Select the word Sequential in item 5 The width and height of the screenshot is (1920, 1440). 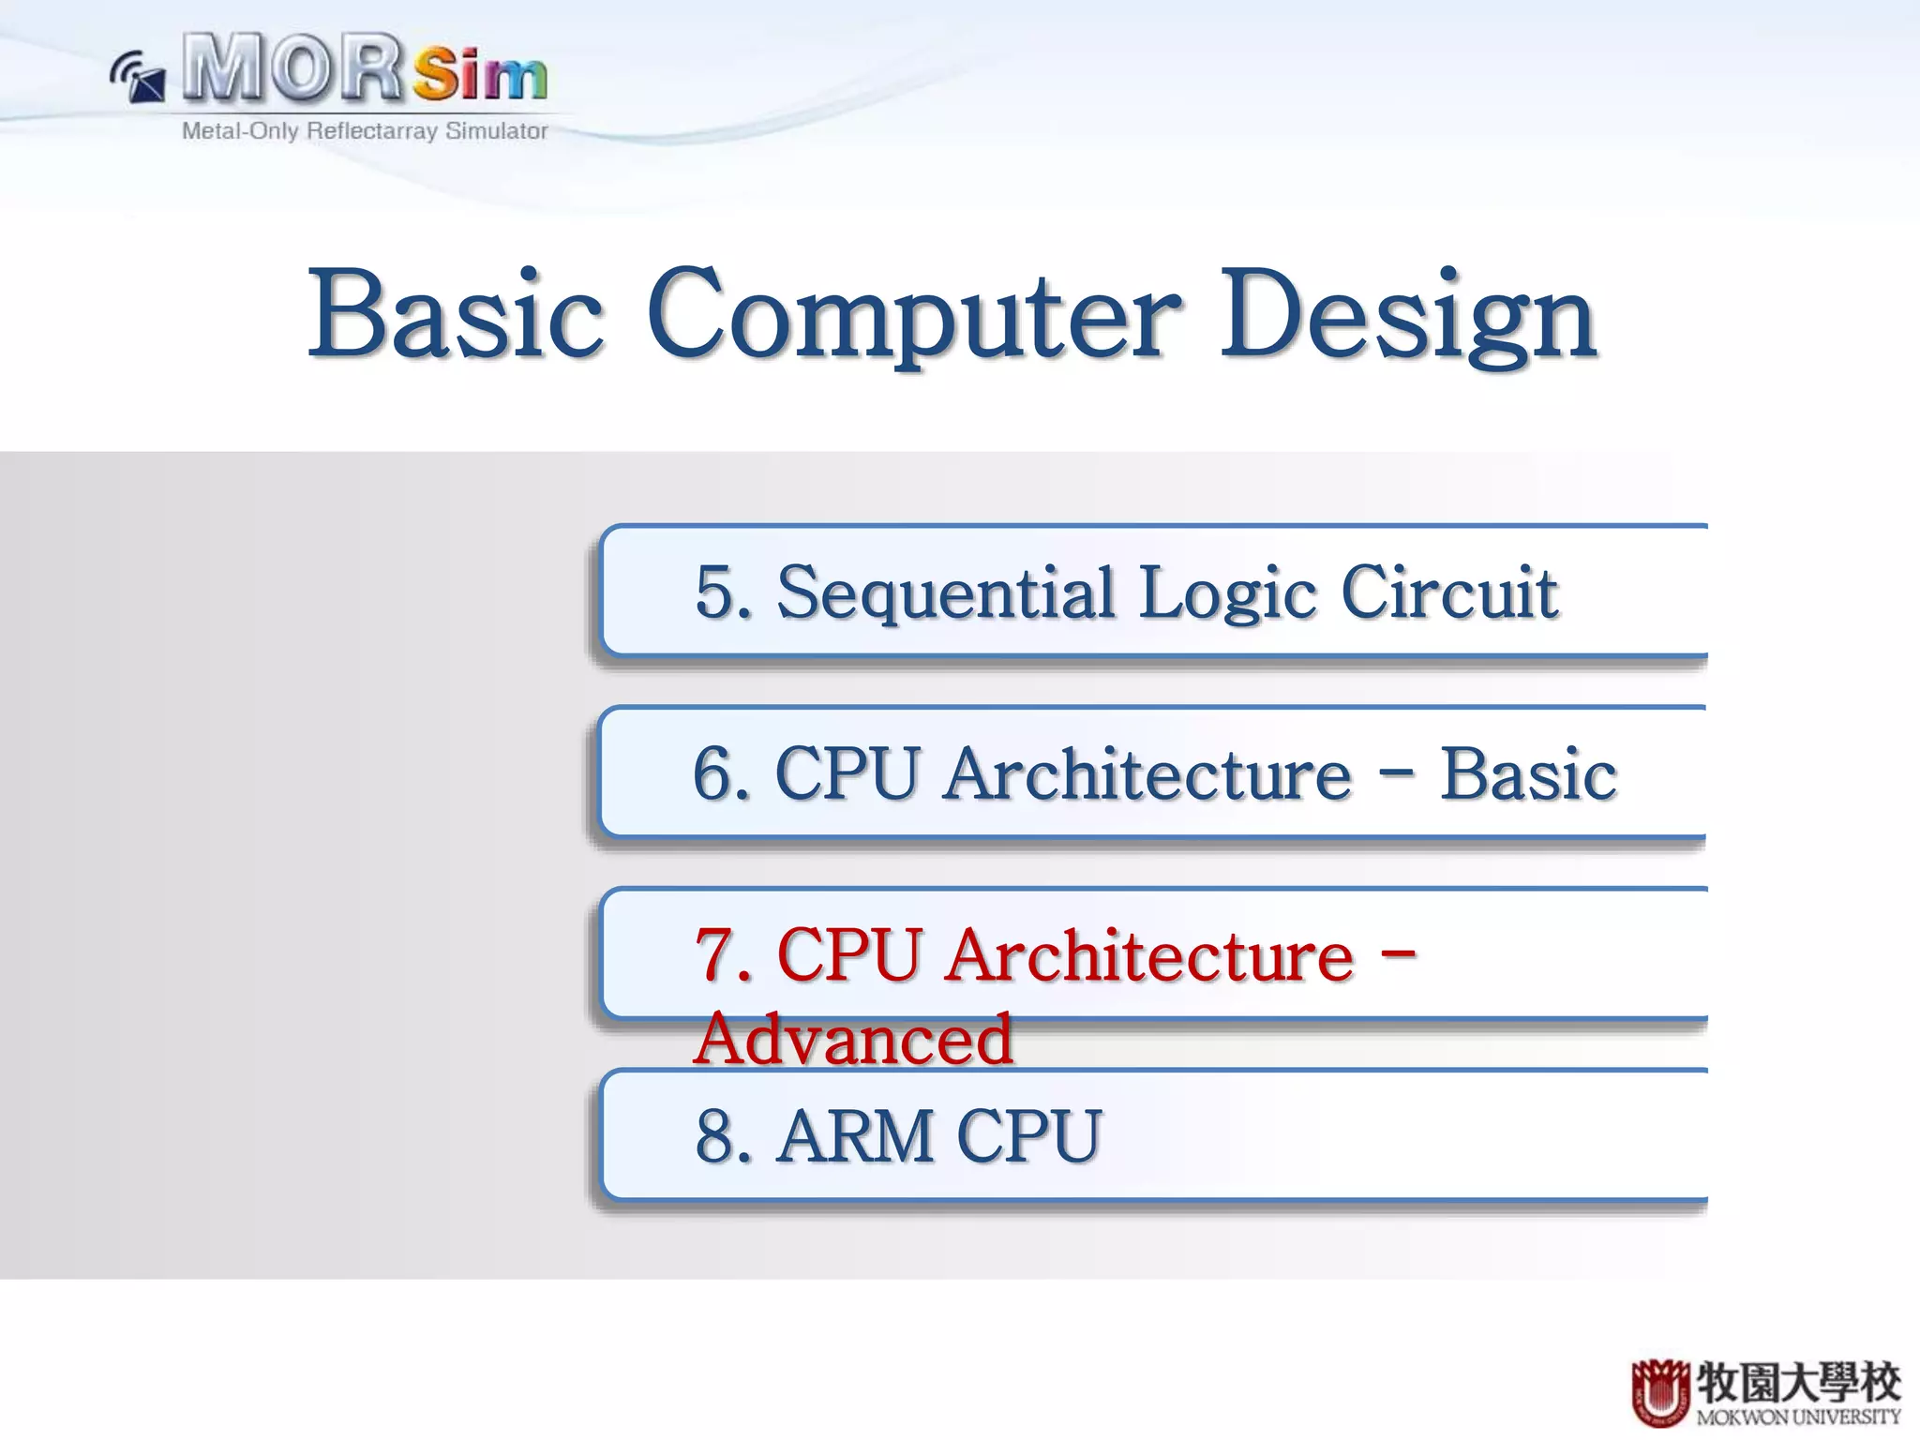coord(946,593)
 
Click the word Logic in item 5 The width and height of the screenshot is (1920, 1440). coord(1228,593)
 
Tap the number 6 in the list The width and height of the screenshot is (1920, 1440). coord(714,774)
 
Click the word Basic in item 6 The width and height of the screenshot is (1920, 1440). coord(1528,774)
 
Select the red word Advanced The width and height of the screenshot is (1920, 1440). coord(854,1040)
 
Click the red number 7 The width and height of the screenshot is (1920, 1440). coord(716,955)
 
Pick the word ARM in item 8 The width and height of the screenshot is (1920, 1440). coord(855,1136)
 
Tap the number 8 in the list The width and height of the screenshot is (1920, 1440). coord(716,1136)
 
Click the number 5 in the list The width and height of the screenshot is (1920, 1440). coord(716,593)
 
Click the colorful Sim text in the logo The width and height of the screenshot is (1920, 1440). coord(479,75)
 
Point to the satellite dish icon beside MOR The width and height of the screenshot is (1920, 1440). coord(139,77)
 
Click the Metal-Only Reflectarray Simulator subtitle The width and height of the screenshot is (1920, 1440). coord(365,131)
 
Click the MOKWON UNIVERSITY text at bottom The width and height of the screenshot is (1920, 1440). coord(1797,1417)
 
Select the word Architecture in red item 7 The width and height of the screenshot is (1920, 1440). coord(1149,955)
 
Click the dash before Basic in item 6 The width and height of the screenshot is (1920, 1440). coord(1396,774)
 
